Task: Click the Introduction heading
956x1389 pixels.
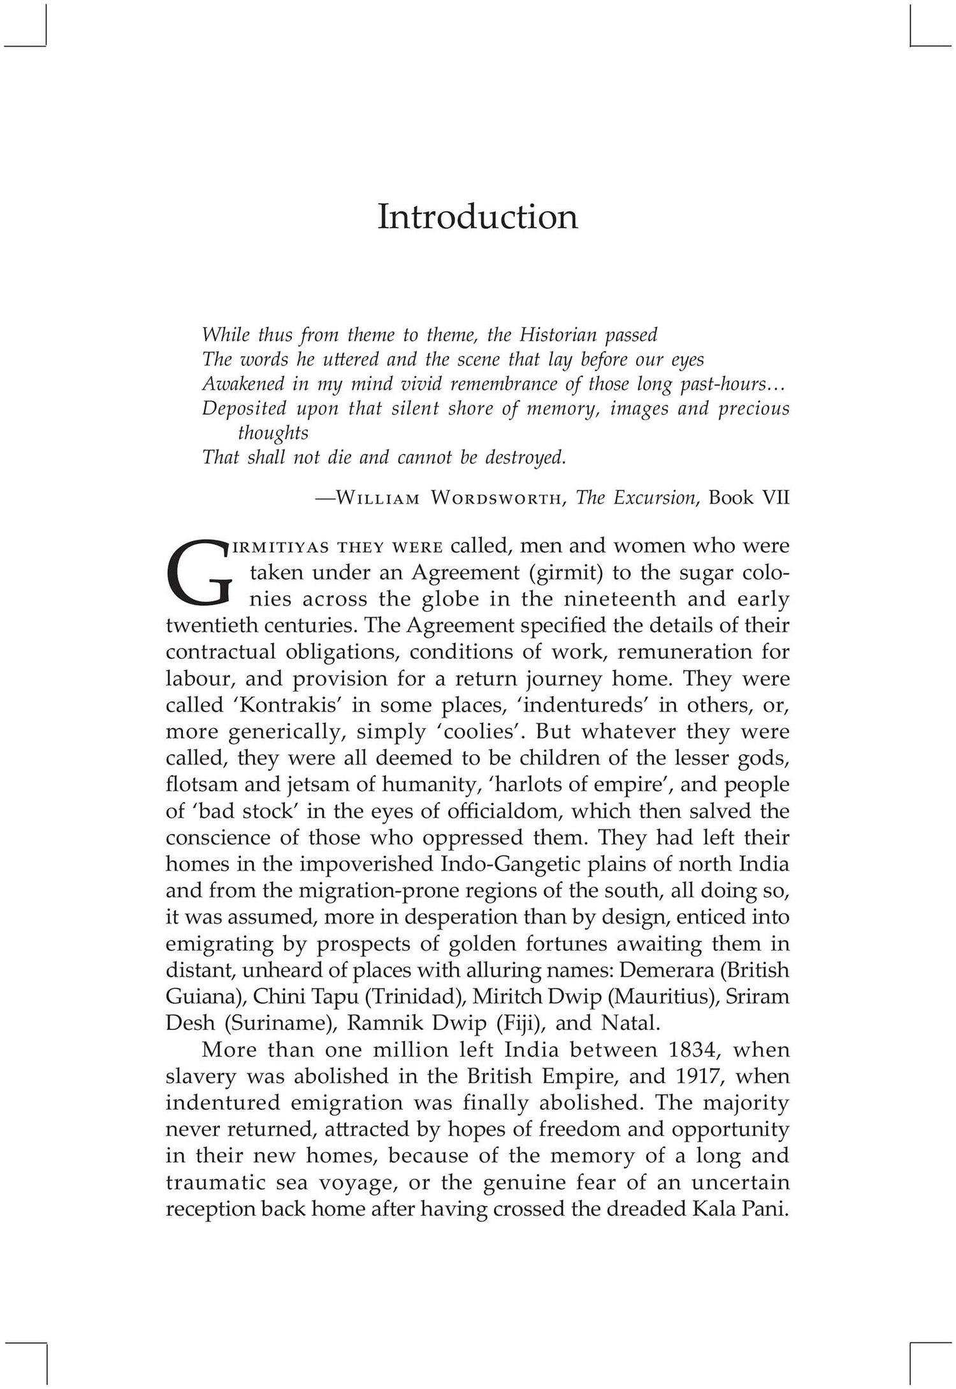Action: pos(477,217)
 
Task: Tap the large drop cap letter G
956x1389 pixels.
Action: pos(197,572)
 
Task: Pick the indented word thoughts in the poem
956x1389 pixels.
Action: pos(273,433)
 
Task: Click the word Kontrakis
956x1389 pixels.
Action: pos(263,705)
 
